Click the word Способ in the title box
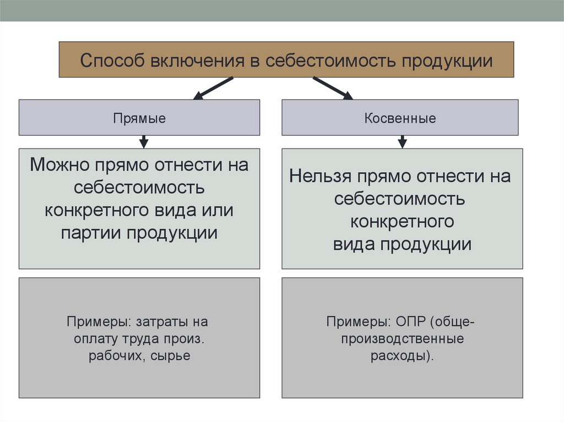[x=110, y=60]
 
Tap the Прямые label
[x=139, y=118]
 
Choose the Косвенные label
[x=400, y=118]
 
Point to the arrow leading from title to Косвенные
[x=333, y=89]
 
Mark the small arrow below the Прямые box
[x=144, y=142]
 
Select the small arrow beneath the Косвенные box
[x=402, y=142]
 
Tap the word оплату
[x=94, y=338]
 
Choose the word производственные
[x=402, y=338]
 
